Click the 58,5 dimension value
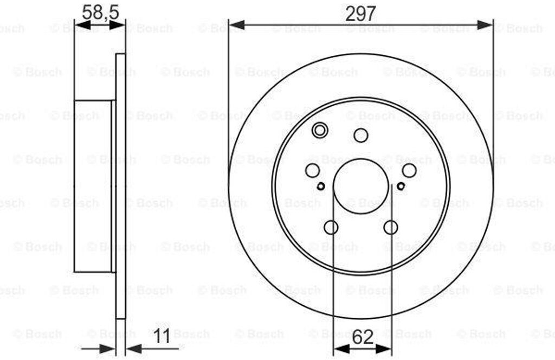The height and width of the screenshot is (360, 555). point(100,13)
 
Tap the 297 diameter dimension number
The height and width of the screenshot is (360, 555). point(360,14)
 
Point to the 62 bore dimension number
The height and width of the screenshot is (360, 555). point(363,337)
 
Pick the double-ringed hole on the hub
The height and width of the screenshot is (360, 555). point(319,130)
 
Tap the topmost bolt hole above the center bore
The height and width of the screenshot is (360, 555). point(360,135)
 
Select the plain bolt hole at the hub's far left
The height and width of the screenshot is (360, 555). point(312,171)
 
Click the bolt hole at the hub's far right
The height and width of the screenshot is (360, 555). point(409,171)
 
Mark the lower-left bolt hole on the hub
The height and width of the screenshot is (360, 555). point(331,227)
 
